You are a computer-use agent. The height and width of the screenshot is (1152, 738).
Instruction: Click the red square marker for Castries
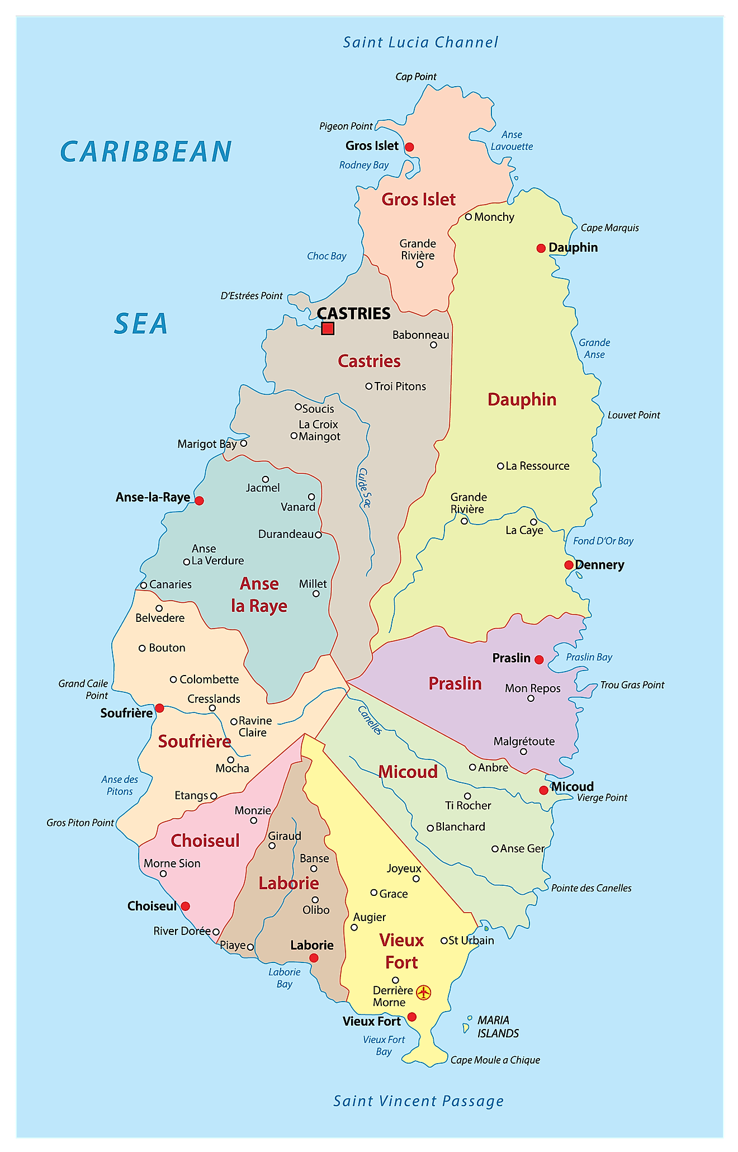328,328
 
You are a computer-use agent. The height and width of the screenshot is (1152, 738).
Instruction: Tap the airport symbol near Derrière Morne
424,993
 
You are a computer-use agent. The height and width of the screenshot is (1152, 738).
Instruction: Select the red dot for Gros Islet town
409,147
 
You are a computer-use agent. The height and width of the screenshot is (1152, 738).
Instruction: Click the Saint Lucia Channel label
420,43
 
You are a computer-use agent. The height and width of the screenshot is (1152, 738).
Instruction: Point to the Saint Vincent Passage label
418,1101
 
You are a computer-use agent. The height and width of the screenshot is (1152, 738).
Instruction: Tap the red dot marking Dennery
569,565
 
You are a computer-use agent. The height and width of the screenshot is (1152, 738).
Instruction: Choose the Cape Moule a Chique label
495,1060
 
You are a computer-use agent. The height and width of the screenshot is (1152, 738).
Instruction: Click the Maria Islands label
498,1027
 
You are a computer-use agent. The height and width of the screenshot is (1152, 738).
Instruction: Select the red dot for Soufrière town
159,708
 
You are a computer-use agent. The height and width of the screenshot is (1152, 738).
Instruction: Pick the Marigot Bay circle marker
243,443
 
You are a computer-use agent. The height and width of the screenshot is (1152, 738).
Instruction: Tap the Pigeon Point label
346,126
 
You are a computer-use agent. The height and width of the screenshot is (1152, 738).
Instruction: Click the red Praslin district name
455,683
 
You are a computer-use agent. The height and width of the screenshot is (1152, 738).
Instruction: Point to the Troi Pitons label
400,386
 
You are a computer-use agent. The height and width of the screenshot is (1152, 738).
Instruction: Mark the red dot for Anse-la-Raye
199,501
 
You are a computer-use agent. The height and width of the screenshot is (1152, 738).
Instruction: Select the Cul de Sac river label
364,488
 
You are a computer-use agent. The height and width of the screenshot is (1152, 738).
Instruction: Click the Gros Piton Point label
80,823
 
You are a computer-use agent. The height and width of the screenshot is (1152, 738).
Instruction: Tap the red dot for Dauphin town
541,248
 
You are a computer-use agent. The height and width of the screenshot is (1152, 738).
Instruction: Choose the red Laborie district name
288,884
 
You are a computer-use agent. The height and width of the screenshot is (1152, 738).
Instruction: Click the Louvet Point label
633,415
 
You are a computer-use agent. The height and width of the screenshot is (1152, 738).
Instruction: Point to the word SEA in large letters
141,324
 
